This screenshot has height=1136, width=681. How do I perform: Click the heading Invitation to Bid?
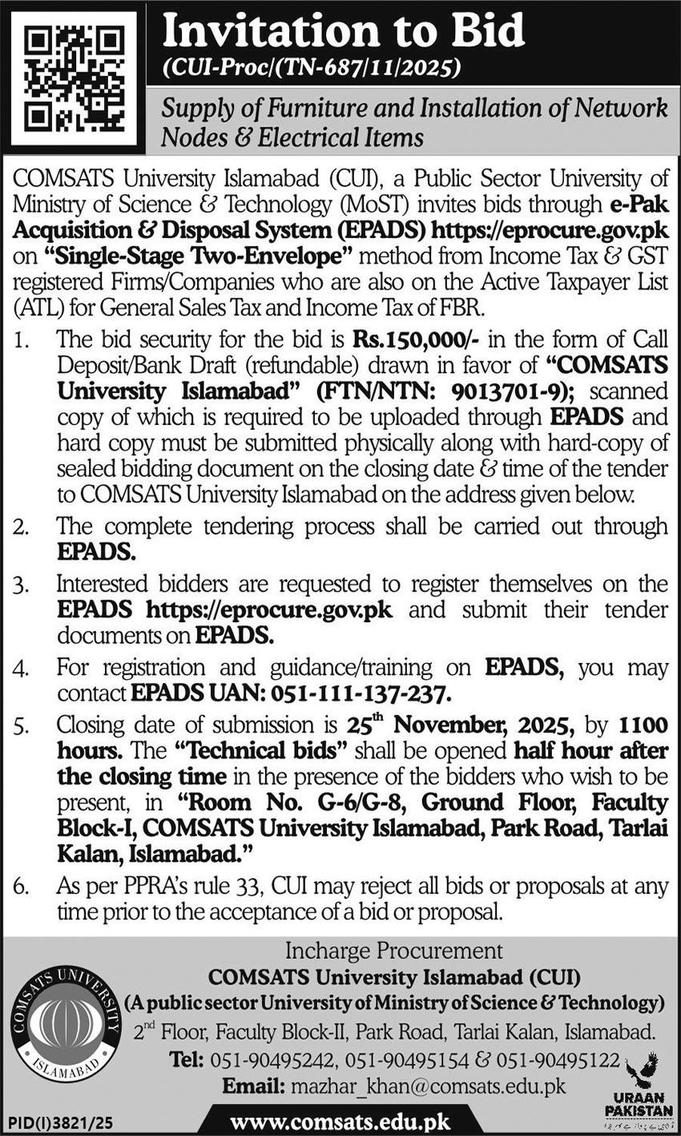tap(343, 31)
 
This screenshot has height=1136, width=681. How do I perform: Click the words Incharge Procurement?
tap(395, 952)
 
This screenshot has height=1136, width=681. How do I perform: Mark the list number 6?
tap(22, 887)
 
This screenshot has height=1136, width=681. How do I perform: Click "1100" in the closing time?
tap(643, 726)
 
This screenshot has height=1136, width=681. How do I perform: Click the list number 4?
tap(22, 669)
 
